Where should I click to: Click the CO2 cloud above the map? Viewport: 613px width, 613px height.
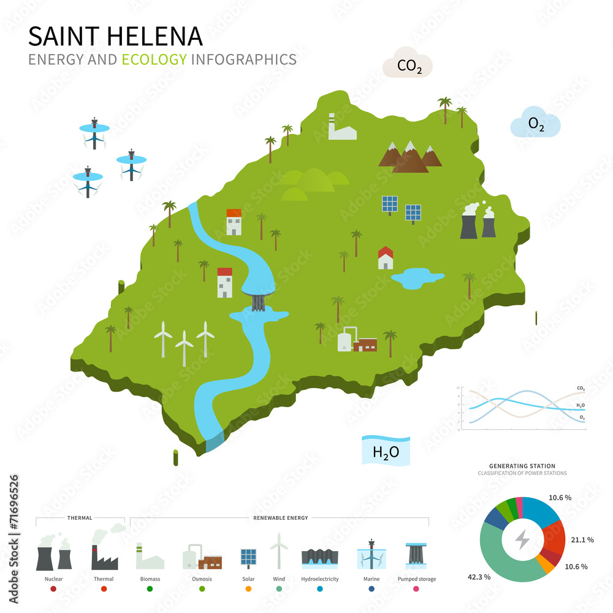408,64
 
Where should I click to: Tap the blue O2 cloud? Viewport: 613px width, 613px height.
536,124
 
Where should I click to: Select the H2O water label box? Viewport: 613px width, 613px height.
386,451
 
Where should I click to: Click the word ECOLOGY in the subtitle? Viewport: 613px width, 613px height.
154,59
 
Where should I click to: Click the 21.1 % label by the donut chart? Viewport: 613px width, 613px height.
581,539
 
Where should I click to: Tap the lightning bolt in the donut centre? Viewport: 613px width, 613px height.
522,539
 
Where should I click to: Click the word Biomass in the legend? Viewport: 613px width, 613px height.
150,579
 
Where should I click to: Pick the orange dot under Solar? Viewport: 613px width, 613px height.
248,589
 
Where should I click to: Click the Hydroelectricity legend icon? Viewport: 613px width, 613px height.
320,558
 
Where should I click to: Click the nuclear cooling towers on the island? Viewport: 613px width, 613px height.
478,221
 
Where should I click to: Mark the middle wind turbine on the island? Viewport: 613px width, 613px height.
184,347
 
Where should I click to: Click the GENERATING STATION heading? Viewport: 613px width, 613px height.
522,466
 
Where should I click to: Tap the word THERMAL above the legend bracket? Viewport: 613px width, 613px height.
80,517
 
